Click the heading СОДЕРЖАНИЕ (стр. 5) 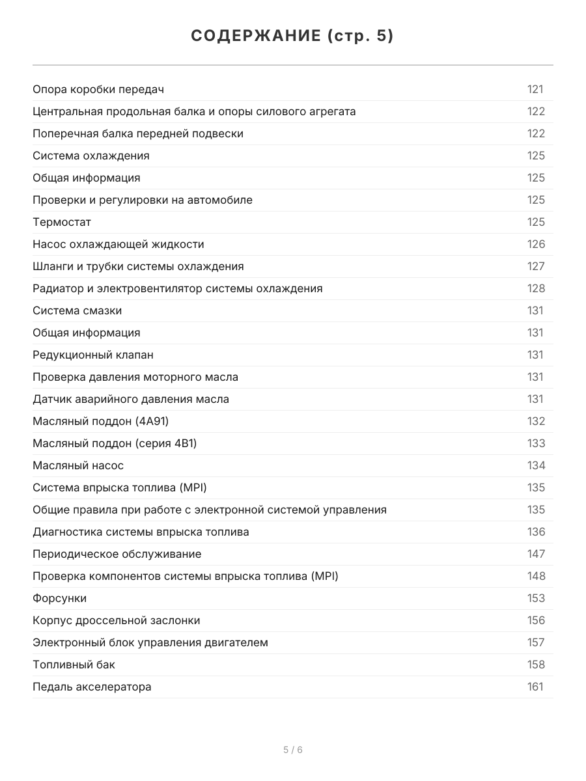click(292, 36)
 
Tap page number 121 click(535, 89)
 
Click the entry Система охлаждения click(91, 156)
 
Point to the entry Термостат click(62, 222)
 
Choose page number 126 click(536, 244)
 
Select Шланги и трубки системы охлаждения click(138, 266)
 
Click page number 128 click(536, 288)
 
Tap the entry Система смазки click(77, 310)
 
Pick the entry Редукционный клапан click(93, 355)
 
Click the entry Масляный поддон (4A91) click(100, 421)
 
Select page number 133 click(536, 443)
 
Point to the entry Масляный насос click(78, 465)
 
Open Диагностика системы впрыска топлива click(141, 532)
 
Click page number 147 click(536, 554)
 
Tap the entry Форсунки click(59, 598)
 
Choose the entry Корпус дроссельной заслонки click(116, 620)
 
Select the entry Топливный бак click(74, 665)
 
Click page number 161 click(535, 687)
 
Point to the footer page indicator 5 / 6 click(292, 750)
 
